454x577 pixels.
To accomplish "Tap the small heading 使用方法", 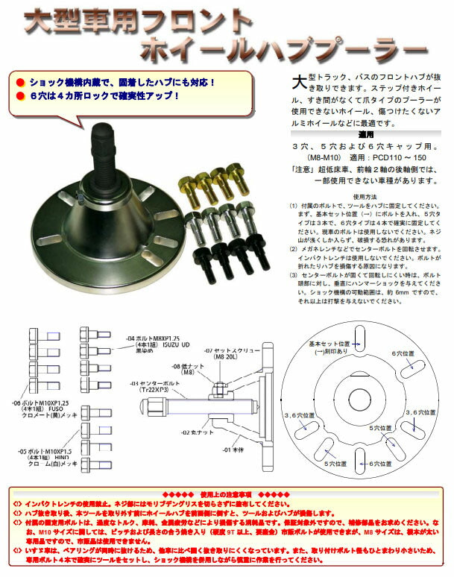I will click(x=367, y=197).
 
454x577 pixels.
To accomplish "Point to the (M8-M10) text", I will click(x=315, y=159).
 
